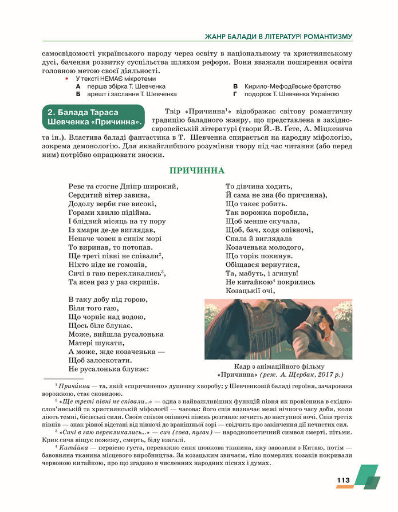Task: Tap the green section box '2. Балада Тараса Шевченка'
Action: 94,117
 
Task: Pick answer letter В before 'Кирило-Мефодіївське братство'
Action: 235,86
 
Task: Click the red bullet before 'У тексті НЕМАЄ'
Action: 68,77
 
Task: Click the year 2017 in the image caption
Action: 324,375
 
